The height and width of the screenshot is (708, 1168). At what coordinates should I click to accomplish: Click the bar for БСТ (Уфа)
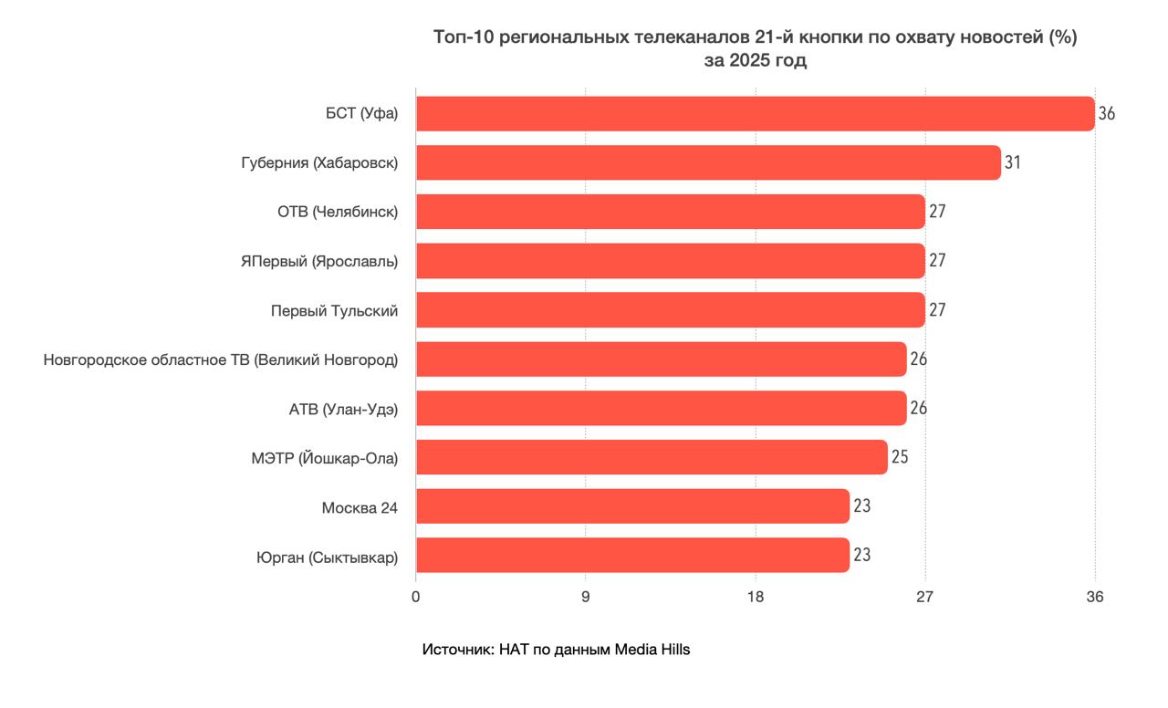click(x=755, y=114)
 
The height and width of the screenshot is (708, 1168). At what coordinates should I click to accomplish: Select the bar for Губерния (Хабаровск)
click(x=708, y=162)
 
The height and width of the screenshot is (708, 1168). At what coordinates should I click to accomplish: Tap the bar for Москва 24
click(x=632, y=506)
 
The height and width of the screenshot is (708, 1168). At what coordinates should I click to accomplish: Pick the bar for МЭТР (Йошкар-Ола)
click(x=652, y=457)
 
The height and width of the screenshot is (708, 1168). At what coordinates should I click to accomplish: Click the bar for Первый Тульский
click(x=671, y=310)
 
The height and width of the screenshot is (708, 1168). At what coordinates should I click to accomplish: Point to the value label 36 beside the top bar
click(x=1107, y=114)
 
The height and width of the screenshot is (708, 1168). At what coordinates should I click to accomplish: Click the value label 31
click(x=1013, y=162)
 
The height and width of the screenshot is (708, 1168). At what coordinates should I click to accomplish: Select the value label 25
click(x=900, y=457)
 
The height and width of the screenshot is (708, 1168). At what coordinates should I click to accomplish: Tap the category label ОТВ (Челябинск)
click(x=338, y=212)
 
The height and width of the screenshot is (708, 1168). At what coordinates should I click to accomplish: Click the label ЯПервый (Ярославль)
click(x=319, y=261)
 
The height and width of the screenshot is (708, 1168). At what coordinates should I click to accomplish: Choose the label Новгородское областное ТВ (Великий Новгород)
click(x=221, y=360)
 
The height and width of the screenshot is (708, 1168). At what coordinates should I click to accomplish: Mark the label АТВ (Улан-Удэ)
click(x=343, y=409)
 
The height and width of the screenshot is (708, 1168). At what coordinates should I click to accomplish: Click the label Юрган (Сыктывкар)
click(x=328, y=557)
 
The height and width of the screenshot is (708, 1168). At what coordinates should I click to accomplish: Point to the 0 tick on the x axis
click(x=416, y=597)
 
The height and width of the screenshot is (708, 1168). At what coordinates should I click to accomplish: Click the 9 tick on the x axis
click(x=586, y=597)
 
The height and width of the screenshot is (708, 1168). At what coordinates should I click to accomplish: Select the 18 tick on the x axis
click(x=756, y=597)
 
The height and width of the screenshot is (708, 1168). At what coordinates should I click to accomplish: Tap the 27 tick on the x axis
click(x=925, y=597)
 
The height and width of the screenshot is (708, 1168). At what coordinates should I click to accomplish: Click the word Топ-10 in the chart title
click(x=463, y=38)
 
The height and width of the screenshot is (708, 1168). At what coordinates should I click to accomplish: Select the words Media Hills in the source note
click(x=652, y=650)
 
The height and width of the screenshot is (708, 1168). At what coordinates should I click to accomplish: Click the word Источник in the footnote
click(x=457, y=650)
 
